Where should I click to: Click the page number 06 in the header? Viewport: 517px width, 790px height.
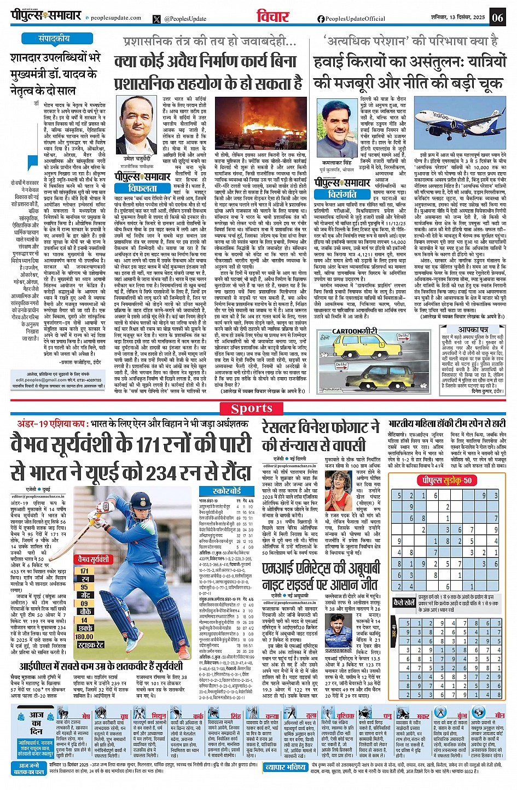coord(497,17)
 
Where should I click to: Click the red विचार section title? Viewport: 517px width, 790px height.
coord(272,16)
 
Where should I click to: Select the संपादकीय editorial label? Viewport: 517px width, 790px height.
coord(54,39)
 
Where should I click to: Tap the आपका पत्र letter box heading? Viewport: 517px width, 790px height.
coord(472,330)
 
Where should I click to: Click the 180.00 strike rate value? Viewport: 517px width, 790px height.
coord(85,637)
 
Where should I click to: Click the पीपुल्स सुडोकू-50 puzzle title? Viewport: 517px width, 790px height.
coord(445,481)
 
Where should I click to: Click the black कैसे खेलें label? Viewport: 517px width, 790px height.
coord(404,602)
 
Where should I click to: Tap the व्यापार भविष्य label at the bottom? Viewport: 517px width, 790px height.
coord(286,767)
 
